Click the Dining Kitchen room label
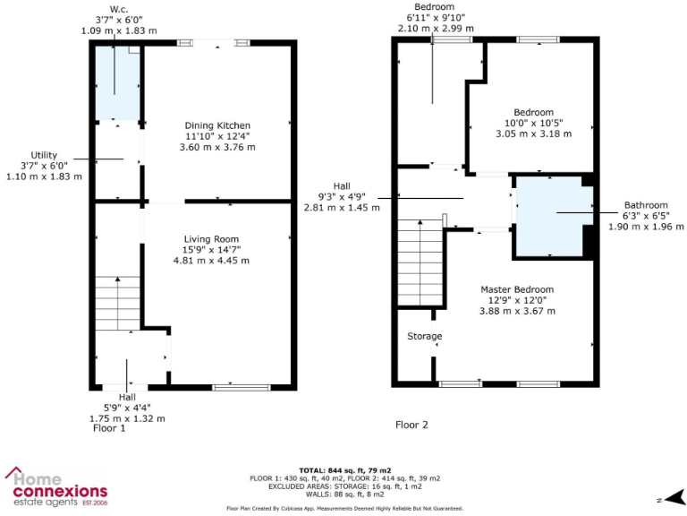click(x=217, y=125)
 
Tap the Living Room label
click(x=211, y=238)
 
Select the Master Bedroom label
click(x=517, y=289)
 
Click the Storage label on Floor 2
click(x=425, y=337)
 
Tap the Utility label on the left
click(x=44, y=155)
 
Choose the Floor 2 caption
click(x=411, y=425)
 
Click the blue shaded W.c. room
click(x=117, y=85)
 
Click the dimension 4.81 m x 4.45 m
click(x=211, y=261)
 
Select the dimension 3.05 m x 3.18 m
click(x=533, y=133)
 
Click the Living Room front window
click(x=241, y=387)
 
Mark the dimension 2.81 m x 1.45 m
click(x=343, y=207)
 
